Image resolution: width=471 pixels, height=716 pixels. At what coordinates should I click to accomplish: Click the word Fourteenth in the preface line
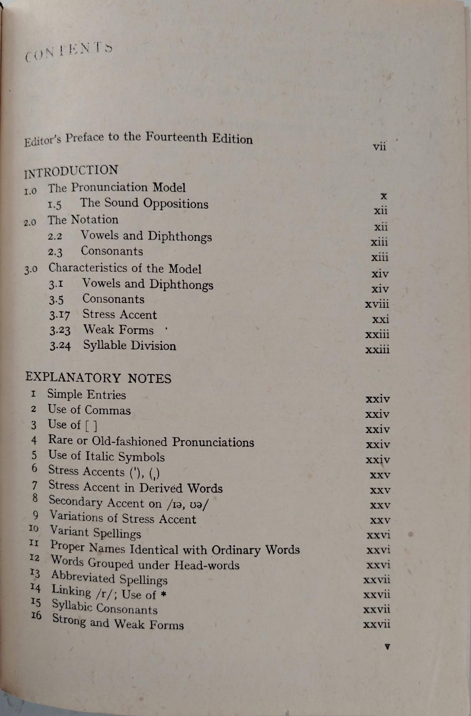coord(177,137)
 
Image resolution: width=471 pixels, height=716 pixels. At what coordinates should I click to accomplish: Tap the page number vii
coord(379,147)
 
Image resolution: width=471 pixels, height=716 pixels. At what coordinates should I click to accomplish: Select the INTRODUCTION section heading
coord(71,171)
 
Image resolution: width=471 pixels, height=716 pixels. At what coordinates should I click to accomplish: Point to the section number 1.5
coord(55,204)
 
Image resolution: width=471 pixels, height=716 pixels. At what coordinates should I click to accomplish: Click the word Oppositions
coord(176,204)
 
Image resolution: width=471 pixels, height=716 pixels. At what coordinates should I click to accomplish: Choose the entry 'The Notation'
coord(83,220)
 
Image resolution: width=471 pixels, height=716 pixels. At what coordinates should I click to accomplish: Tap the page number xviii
coord(377,304)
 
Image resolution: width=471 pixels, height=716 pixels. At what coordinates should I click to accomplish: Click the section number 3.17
coord(60,315)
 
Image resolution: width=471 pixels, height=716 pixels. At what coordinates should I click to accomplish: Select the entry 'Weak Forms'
coord(118,330)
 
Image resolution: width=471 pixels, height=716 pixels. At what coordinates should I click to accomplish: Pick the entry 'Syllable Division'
coord(130,345)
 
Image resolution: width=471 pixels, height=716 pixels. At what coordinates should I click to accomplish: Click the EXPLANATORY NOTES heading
coord(98,378)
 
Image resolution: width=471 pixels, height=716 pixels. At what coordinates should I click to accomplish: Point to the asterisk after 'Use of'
coord(163,595)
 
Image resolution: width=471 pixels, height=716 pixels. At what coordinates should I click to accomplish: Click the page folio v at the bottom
coord(387,647)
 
